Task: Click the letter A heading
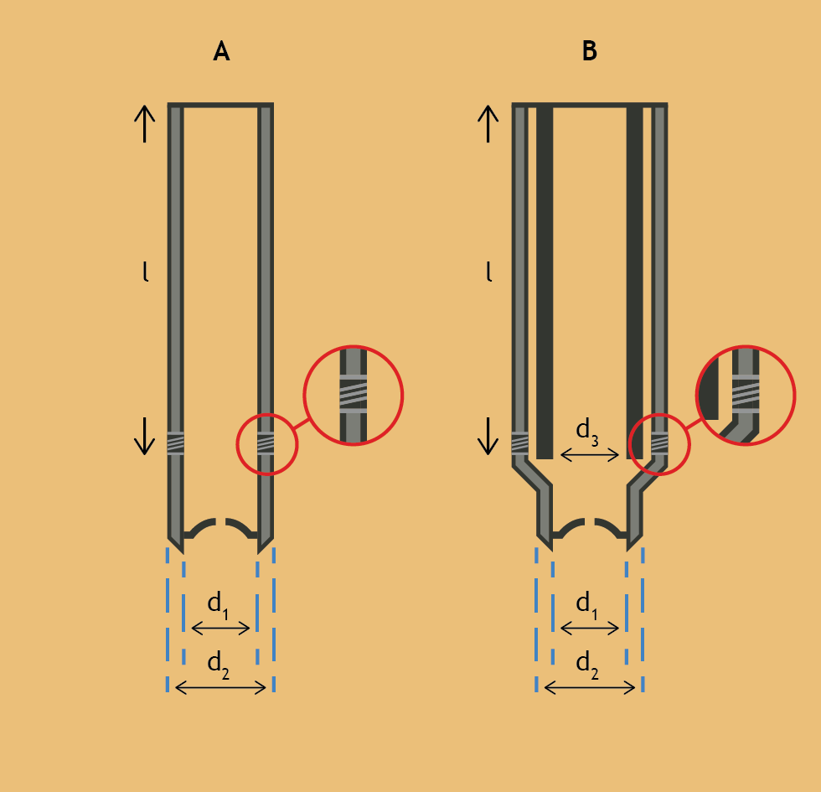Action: click(221, 51)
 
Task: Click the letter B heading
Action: click(590, 51)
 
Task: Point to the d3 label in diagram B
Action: click(587, 432)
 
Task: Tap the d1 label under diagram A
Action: click(219, 605)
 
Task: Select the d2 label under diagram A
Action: click(219, 665)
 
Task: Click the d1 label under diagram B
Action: click(587, 605)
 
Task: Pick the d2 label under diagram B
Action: click(587, 665)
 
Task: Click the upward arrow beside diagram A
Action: click(144, 124)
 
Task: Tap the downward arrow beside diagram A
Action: click(144, 436)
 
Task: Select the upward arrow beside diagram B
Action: click(488, 124)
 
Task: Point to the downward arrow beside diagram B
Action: click(488, 436)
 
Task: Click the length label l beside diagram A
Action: click(146, 272)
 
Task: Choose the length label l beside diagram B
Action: click(489, 272)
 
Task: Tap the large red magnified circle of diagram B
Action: click(696, 395)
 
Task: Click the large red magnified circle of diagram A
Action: click(304, 395)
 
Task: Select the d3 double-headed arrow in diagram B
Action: click(590, 455)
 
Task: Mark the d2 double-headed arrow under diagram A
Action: click(220, 688)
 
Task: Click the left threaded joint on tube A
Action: click(175, 443)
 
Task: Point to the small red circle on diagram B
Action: click(629, 444)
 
